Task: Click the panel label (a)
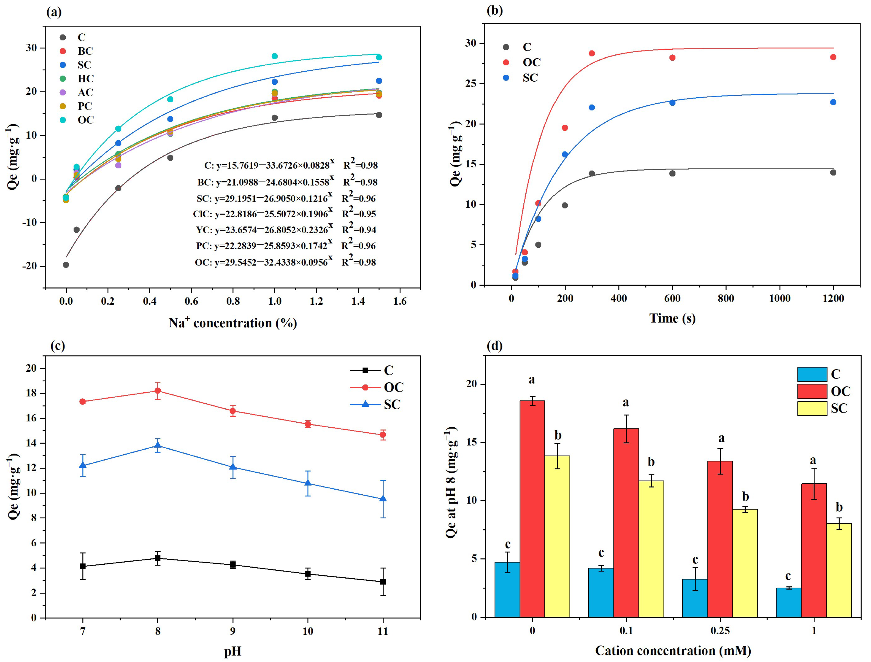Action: pyautogui.click(x=54, y=12)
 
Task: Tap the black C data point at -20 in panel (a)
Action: pyautogui.click(x=66, y=265)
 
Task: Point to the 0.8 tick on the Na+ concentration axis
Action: pyautogui.click(x=233, y=302)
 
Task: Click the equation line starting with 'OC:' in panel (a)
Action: pyautogui.click(x=286, y=261)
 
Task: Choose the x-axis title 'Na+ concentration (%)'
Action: pyautogui.click(x=233, y=323)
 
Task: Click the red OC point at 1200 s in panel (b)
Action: pyautogui.click(x=833, y=57)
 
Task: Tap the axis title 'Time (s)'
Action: pyautogui.click(x=672, y=318)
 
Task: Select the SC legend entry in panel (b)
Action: pyautogui.click(x=521, y=78)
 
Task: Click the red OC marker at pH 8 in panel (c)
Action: pyautogui.click(x=158, y=391)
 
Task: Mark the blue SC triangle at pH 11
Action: pyautogui.click(x=382, y=499)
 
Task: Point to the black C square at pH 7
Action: pyautogui.click(x=83, y=566)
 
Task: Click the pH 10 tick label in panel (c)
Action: pyautogui.click(x=308, y=631)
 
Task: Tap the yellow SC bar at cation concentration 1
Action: pyautogui.click(x=839, y=570)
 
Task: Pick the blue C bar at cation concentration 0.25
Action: pyautogui.click(x=695, y=598)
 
